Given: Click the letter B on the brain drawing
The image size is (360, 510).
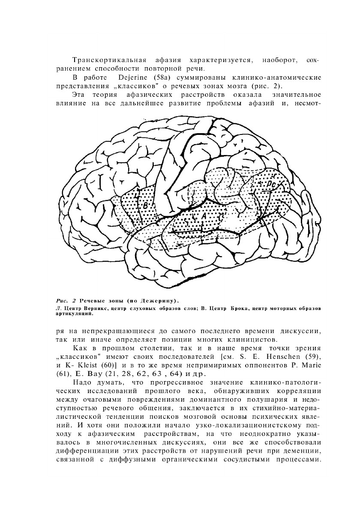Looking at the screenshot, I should pyautogui.click(x=145, y=206).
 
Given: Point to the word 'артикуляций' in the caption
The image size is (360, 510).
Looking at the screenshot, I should pyautogui.click(x=75, y=313).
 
